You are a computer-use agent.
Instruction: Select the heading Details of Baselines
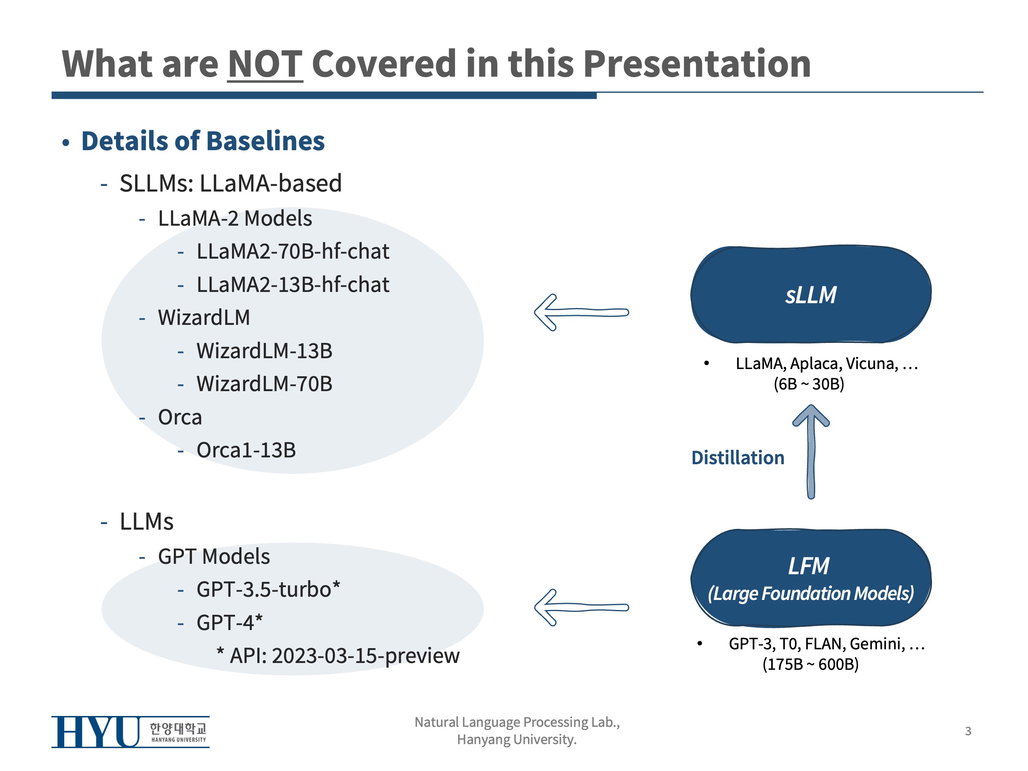pos(203,141)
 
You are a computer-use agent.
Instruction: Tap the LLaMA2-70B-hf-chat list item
pos(292,251)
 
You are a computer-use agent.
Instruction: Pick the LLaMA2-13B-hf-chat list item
pos(292,284)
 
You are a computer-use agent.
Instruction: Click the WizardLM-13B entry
pos(264,351)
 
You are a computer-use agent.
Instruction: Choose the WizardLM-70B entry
pos(264,384)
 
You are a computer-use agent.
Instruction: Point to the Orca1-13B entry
pos(246,450)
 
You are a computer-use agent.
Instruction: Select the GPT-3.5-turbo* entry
pos(268,589)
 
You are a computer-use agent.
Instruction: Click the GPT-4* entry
pos(229,622)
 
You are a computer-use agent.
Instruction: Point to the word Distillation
pos(738,458)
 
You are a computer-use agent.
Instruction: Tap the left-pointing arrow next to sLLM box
pos(581,312)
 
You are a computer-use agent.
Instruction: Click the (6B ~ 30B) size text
pos(809,384)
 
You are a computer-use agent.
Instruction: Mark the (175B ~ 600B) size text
pos(810,664)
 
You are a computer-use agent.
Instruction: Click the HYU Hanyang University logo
pos(130,732)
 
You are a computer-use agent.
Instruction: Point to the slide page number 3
pos(968,731)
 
